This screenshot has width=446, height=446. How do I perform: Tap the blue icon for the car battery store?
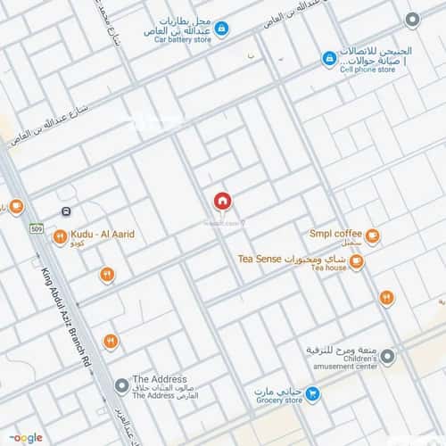point(222,29)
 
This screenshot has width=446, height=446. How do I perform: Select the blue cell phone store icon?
point(329,58)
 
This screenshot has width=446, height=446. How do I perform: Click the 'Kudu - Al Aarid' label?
point(103,234)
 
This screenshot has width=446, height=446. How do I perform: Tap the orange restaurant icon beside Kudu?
point(59,236)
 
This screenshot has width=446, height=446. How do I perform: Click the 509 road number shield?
point(36,229)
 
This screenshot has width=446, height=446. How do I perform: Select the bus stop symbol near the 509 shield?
point(67,211)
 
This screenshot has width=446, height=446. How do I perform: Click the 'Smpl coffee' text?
point(333,234)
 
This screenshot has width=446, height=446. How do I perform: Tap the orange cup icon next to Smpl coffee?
point(372,236)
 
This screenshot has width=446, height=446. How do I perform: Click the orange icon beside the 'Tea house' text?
point(356,261)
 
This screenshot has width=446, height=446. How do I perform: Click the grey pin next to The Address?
point(121,385)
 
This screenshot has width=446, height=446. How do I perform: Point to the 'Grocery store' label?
point(270,401)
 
